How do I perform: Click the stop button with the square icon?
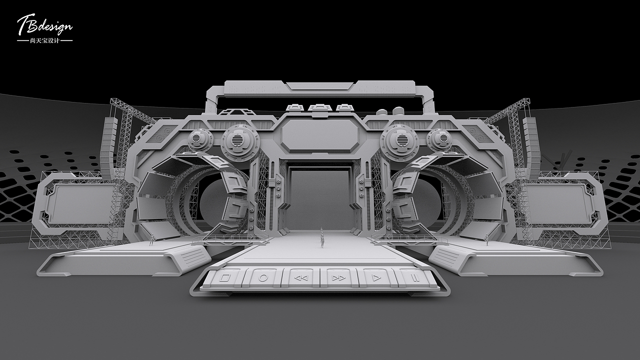tap(224, 277)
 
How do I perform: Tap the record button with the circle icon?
tap(263, 277)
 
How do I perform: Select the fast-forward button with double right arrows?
tap(339, 277)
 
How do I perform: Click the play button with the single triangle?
tap(377, 277)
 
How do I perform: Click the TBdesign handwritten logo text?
tap(45, 25)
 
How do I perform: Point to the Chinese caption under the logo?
tap(45, 41)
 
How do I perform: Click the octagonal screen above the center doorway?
tap(319, 135)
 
